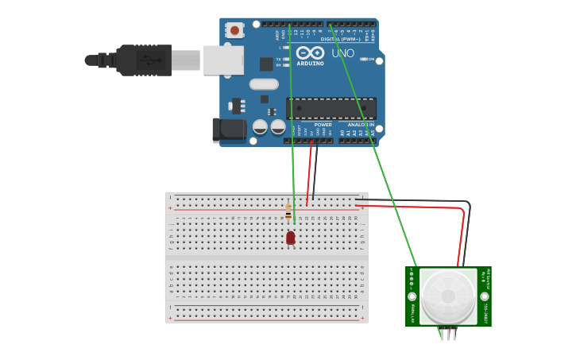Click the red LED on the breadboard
(291, 237)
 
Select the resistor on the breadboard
(288, 211)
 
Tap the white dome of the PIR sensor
(448, 296)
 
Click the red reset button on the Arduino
(234, 30)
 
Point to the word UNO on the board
(342, 53)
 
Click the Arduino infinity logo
(310, 52)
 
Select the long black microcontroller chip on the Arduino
(331, 108)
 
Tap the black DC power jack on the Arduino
(230, 130)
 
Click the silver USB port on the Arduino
(223, 60)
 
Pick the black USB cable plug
(143, 60)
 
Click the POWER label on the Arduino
(323, 125)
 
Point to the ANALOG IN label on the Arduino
(361, 125)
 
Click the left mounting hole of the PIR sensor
(412, 296)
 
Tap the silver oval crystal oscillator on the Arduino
(264, 84)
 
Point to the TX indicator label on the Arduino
(279, 59)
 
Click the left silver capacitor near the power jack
(260, 126)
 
